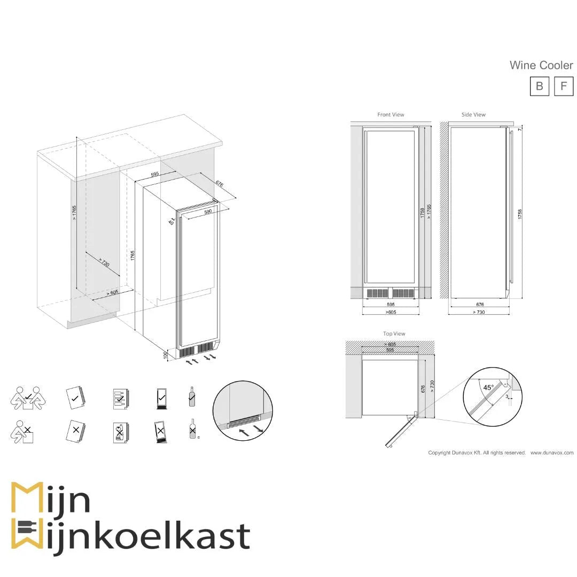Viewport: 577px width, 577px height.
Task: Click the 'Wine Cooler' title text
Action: coord(541,65)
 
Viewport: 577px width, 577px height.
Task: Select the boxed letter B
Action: coord(539,86)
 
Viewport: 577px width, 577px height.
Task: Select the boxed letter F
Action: coord(563,86)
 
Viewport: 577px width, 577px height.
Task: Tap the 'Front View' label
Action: coord(391,115)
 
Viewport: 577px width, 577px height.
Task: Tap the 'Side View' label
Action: coord(473,115)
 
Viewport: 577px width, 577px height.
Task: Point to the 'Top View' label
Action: coord(394,334)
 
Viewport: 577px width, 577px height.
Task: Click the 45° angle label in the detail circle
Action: coord(488,387)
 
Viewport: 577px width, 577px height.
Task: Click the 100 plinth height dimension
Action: coord(166,355)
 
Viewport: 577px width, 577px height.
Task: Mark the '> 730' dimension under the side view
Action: coord(479,312)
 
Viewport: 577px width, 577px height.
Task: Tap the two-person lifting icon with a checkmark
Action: coord(28,399)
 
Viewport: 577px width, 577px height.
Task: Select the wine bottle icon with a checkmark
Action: coord(192,397)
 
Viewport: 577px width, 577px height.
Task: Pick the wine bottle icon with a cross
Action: coord(192,429)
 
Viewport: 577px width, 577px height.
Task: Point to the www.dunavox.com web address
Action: coord(551,453)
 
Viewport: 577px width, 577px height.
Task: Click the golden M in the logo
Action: coord(26,498)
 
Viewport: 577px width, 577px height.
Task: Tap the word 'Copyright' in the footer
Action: coord(440,453)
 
